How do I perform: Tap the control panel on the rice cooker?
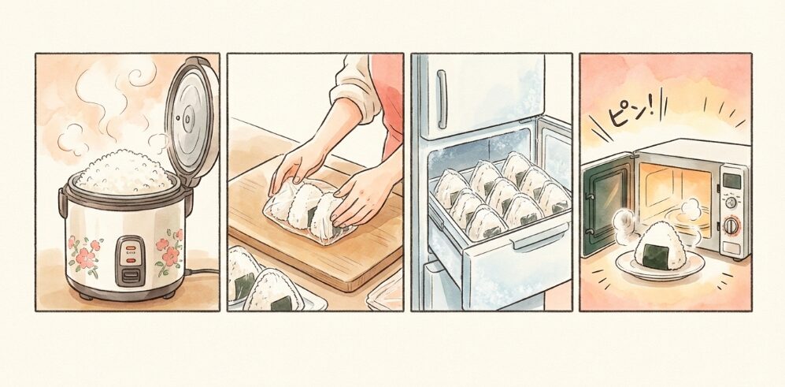click(130, 259)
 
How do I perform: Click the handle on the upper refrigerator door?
click(442, 95)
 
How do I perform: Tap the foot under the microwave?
click(737, 259)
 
